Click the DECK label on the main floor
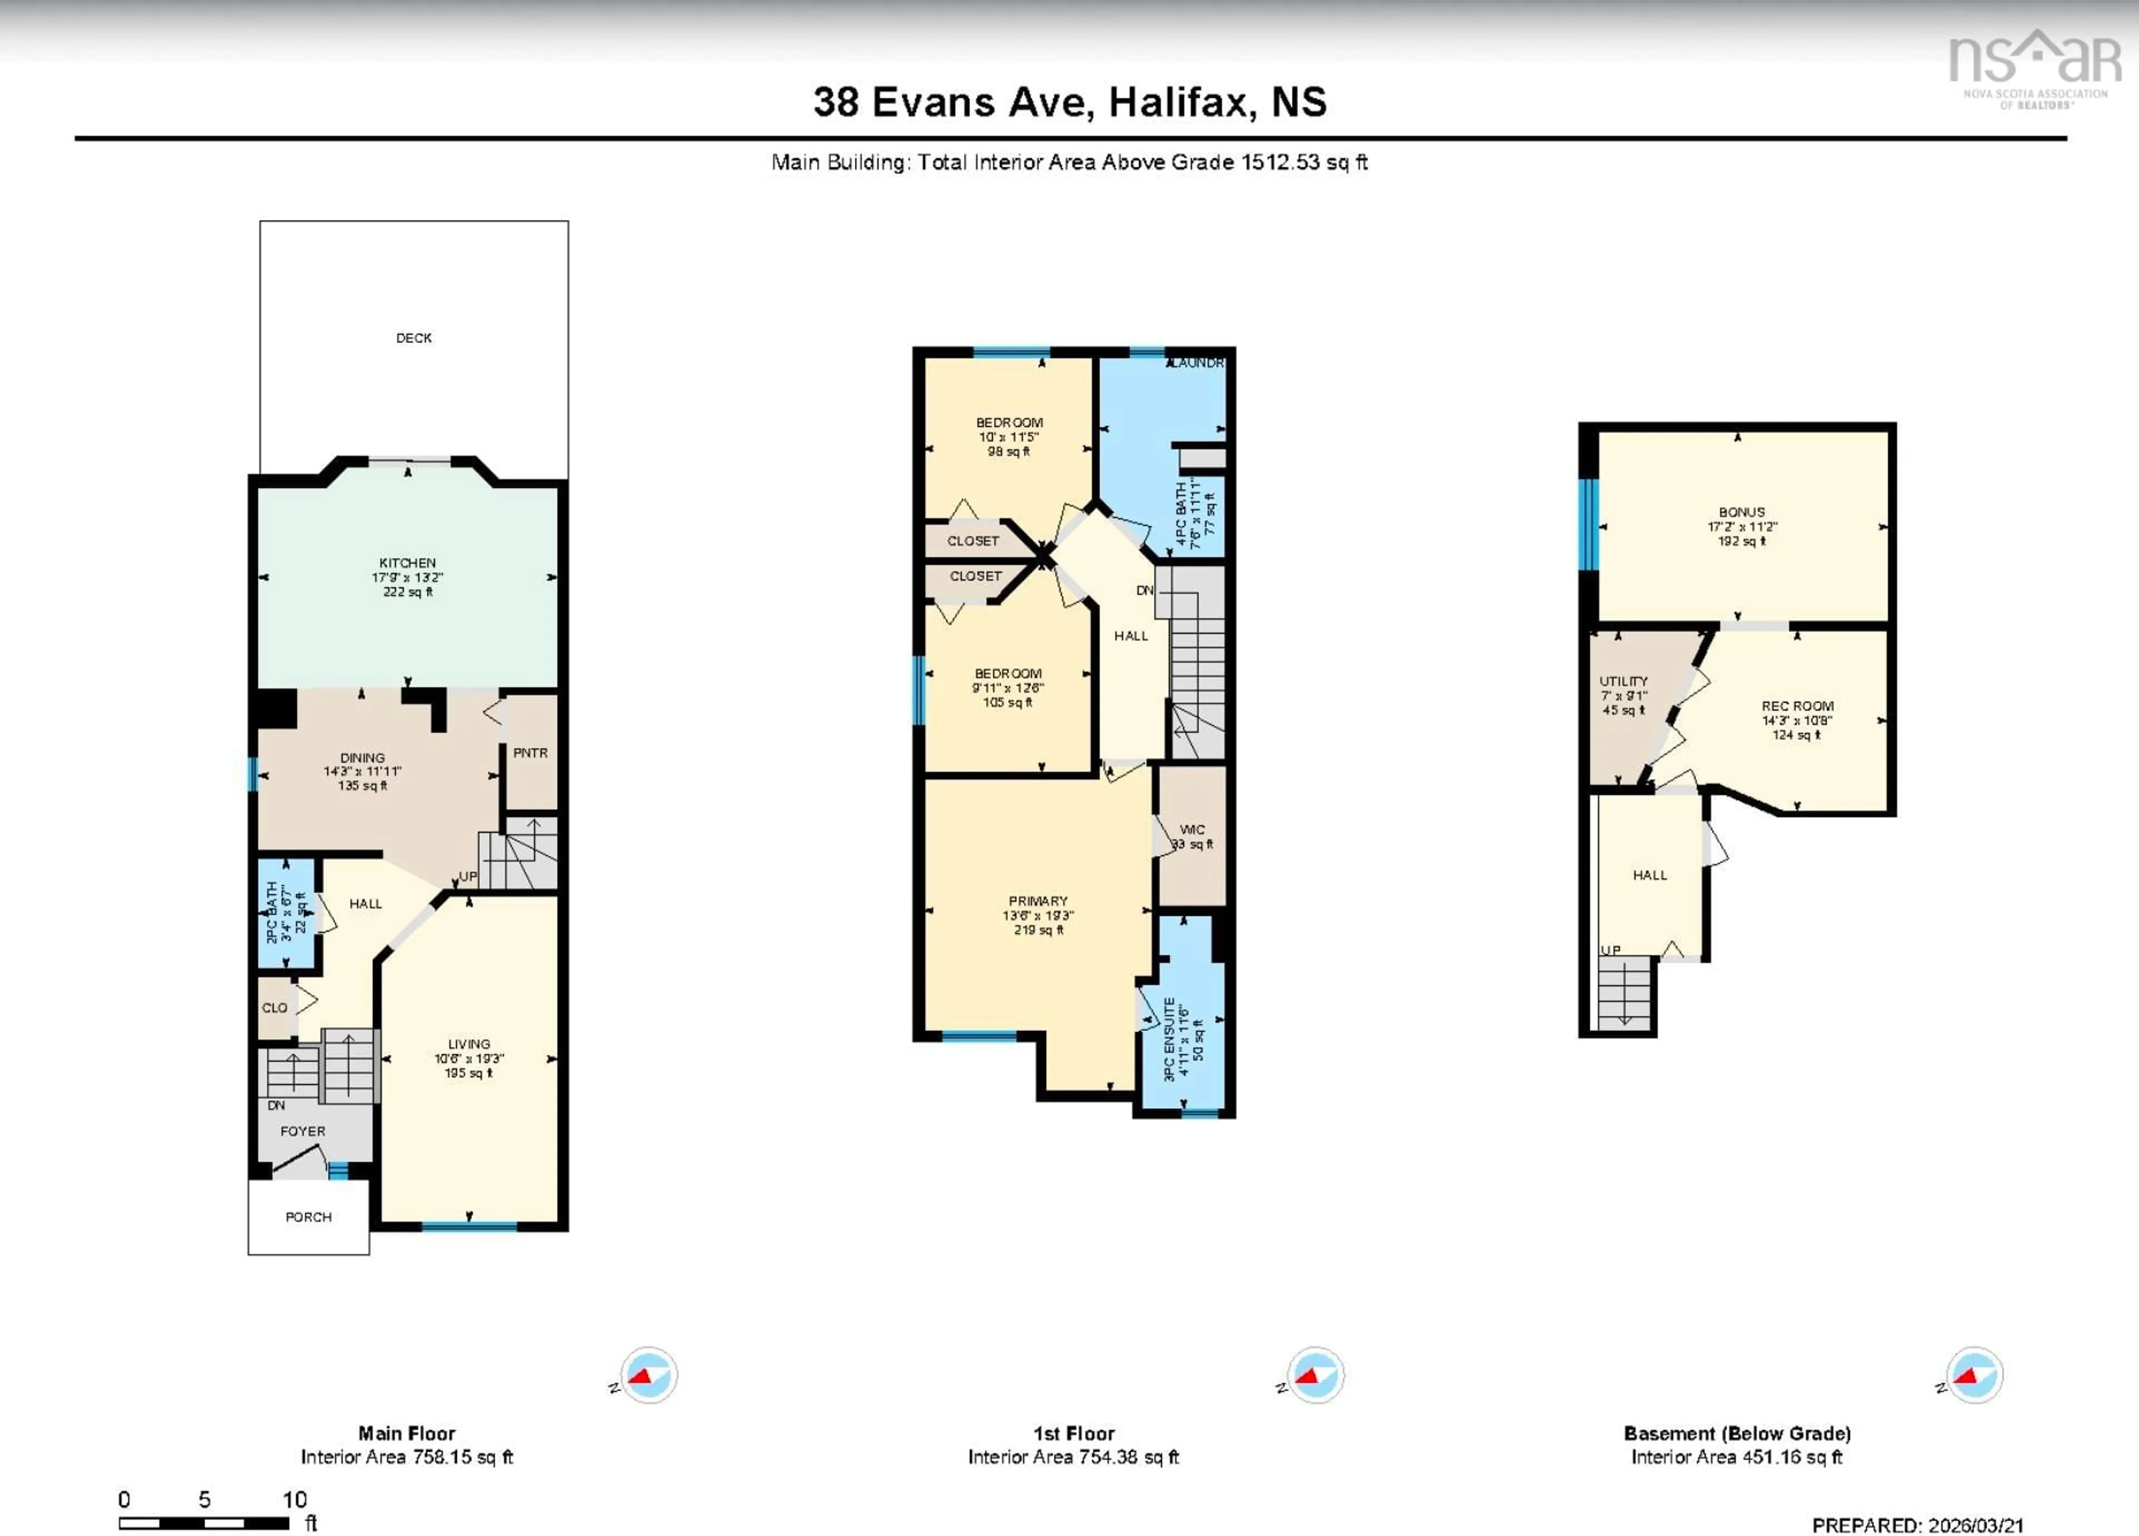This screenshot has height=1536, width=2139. pos(413,337)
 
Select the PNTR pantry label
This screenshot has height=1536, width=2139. pos(530,752)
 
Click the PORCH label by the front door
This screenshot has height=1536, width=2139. pos(309,1216)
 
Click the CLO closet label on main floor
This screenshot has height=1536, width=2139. pos(275,1007)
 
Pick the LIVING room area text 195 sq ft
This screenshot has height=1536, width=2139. pos(468,1073)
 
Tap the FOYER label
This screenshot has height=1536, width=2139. pos(302,1131)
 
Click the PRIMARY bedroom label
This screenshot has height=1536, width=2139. pos(1037,901)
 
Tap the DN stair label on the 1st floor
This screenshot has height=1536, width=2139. pos(1144,590)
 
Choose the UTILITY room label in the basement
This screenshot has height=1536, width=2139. pos(1623,681)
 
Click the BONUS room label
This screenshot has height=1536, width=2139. pos(1741,512)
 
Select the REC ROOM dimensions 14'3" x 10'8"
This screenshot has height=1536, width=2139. pos(1796,721)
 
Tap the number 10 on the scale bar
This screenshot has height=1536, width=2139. pos(294,1499)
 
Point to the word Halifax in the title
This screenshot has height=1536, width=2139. pos(1181,102)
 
